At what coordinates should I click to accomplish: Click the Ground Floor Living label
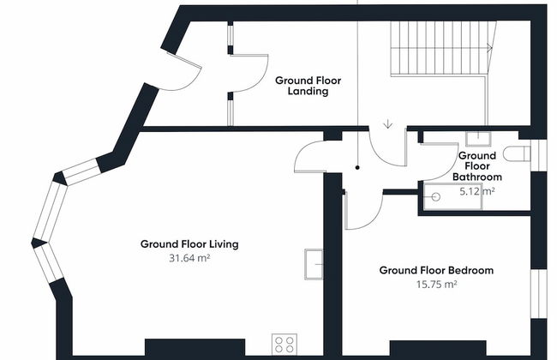tap(189, 244)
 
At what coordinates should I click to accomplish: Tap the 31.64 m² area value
tap(189, 258)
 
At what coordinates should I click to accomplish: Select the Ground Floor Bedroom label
tap(436, 271)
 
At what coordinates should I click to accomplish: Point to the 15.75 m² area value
tap(436, 285)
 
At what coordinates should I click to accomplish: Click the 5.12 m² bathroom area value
tap(477, 191)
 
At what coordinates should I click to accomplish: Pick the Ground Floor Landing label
tap(308, 86)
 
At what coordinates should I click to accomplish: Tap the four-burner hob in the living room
tap(284, 345)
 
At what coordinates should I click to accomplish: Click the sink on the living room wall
tap(314, 264)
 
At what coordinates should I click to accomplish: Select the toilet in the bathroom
tap(518, 154)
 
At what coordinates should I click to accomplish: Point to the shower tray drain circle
tap(436, 196)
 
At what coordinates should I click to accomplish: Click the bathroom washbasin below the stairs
tap(478, 139)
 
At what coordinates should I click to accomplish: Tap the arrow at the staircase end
tap(489, 48)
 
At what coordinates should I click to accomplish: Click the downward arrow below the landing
tap(388, 124)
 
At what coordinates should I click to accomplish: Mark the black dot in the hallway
tap(357, 167)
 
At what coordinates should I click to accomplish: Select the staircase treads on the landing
tap(440, 48)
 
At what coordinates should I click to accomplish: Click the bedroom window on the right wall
tap(538, 293)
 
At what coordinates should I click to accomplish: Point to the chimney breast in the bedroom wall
tap(438, 348)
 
